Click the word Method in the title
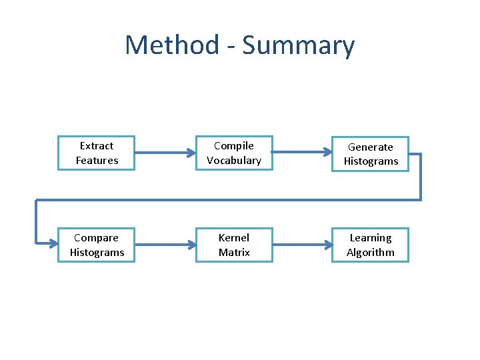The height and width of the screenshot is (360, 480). [x=172, y=45]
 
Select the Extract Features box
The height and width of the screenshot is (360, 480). [x=97, y=153]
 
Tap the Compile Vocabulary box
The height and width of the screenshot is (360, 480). [x=234, y=153]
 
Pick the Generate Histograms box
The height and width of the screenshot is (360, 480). [x=371, y=154]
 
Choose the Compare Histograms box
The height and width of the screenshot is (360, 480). [x=97, y=245]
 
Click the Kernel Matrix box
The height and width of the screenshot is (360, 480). [x=234, y=245]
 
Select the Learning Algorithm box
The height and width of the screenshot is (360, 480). [x=371, y=245]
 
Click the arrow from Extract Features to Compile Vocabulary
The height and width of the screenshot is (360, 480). [x=165, y=153]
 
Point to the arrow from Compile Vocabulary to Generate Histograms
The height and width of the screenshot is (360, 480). [x=302, y=153]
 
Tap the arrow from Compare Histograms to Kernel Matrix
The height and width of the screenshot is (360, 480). [x=165, y=245]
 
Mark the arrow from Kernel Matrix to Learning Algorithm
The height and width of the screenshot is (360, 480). [x=302, y=245]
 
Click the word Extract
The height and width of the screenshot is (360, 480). [x=97, y=146]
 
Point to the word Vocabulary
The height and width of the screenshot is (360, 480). [x=234, y=161]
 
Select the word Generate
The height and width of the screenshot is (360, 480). [x=371, y=147]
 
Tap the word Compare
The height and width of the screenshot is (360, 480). [x=97, y=238]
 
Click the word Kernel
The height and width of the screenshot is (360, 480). [x=234, y=238]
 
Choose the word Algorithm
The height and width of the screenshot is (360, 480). [x=371, y=253]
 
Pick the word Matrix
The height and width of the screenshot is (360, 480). [x=234, y=253]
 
